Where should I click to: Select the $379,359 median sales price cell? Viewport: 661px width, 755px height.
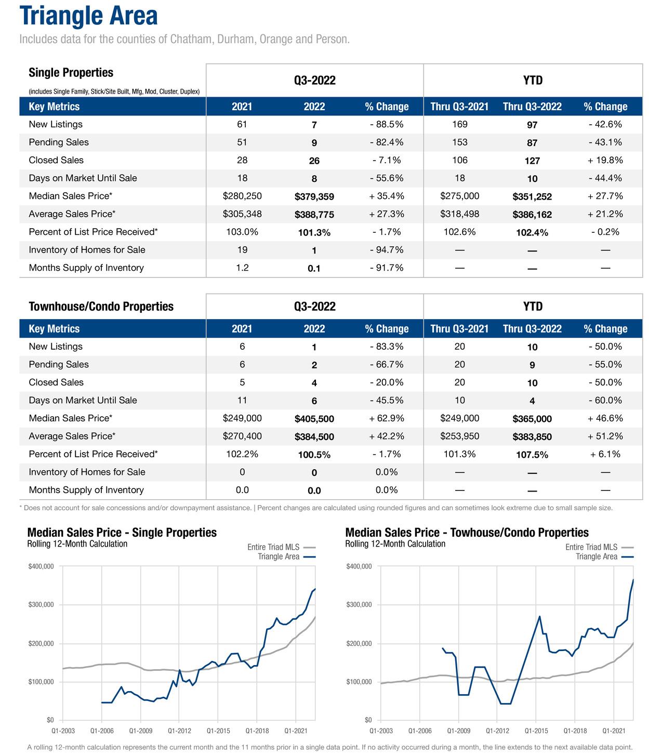[314, 196]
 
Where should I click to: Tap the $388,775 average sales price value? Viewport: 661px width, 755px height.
[314, 215]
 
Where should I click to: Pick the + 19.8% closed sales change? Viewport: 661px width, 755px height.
[605, 160]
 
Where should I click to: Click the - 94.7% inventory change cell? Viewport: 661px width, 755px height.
[387, 250]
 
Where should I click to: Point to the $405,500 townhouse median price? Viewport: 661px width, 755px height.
[314, 419]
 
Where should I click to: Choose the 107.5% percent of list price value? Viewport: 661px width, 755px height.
[532, 455]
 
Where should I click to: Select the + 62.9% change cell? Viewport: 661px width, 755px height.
[387, 418]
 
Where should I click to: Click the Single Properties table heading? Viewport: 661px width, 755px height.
[71, 73]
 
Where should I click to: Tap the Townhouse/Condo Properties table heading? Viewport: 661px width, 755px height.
[101, 307]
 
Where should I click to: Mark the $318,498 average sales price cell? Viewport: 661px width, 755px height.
[459, 214]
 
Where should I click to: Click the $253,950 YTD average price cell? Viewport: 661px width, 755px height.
[459, 436]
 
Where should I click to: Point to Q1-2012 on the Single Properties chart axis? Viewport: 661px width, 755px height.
[179, 731]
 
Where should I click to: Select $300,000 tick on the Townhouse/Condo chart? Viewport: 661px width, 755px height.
[359, 605]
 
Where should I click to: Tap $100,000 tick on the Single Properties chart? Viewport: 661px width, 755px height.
[41, 682]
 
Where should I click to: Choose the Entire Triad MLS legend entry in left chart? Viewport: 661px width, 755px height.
[273, 547]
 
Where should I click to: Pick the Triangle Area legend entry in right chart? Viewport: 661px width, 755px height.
[597, 557]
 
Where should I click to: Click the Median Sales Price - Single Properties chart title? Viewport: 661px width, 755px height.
[122, 533]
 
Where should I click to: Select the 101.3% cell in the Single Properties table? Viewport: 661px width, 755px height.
[314, 233]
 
